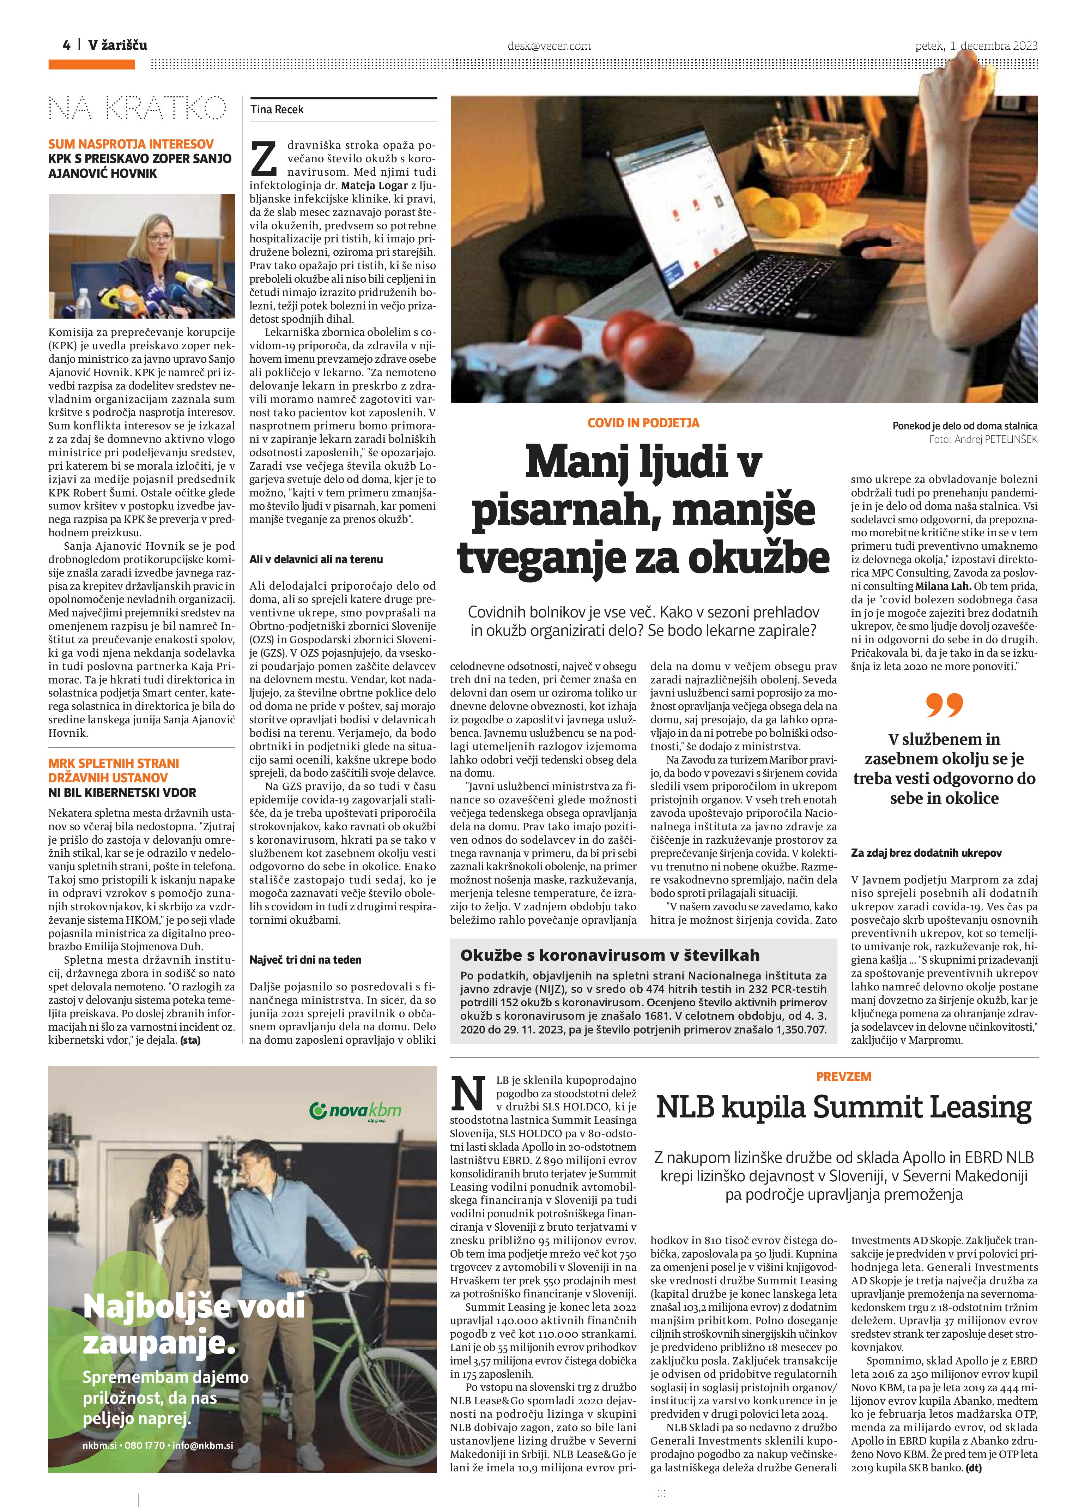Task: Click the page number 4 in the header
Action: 66,45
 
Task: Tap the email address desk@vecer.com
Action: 549,46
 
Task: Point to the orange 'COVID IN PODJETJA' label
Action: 643,423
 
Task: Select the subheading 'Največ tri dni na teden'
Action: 305,959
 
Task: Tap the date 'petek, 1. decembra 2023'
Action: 975,45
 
